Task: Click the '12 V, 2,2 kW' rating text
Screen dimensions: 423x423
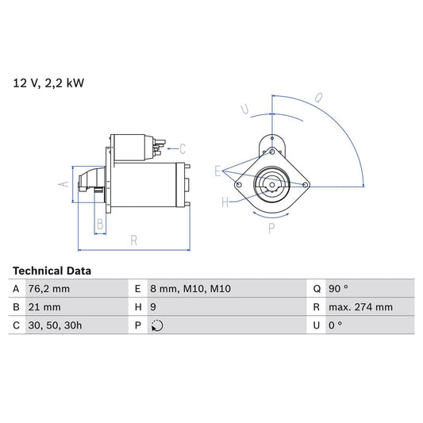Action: point(48,82)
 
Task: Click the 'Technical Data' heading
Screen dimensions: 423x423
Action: point(52,271)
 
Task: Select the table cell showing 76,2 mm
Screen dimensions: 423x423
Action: point(49,289)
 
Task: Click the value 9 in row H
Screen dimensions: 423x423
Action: point(153,307)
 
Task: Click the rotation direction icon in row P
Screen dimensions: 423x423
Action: point(157,325)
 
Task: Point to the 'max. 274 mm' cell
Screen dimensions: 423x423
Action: point(362,307)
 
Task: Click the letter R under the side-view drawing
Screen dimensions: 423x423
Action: point(133,240)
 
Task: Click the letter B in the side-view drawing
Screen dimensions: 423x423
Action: point(99,225)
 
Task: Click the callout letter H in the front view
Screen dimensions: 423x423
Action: point(225,202)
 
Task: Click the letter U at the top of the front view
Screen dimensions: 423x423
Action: point(246,109)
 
